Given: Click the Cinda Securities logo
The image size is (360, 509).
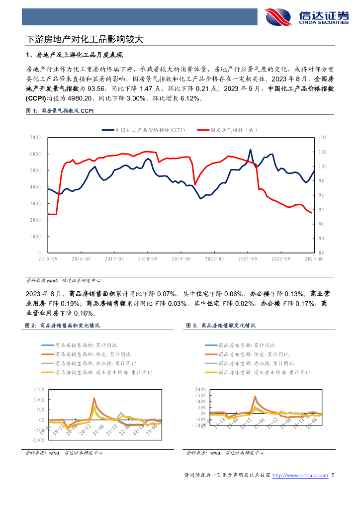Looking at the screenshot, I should click(x=306, y=17).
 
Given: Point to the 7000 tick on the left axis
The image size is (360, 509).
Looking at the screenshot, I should click(x=35, y=137).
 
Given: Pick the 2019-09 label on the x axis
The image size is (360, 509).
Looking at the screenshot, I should click(x=181, y=258).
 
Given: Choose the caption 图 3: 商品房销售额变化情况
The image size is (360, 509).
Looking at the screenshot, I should click(x=221, y=325).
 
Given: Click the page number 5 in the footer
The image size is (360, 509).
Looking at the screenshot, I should click(x=333, y=476).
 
